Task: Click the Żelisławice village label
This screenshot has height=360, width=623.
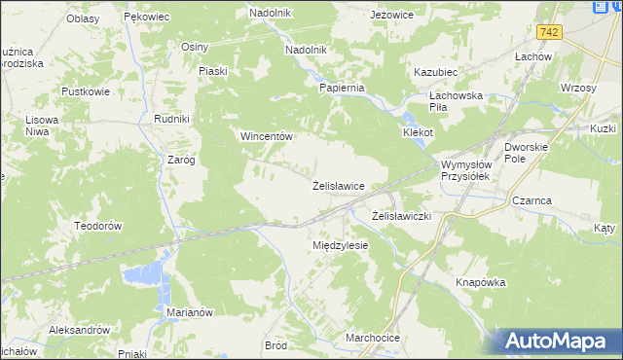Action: [338, 185]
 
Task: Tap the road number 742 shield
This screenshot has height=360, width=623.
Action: [551, 32]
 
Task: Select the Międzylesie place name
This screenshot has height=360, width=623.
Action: [340, 245]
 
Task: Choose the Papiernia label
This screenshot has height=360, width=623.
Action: [342, 88]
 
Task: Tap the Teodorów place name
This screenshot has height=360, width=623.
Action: [97, 225]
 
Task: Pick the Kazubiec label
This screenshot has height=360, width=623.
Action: [435, 72]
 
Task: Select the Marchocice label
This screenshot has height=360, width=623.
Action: [373, 338]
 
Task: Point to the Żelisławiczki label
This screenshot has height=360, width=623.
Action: [402, 214]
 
